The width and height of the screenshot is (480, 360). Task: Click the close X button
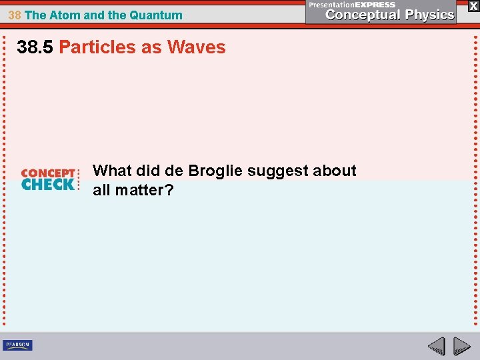473,5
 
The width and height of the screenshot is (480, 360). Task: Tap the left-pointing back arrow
436,346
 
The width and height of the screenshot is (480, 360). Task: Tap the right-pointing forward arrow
462,346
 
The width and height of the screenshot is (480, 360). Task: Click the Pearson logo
17,345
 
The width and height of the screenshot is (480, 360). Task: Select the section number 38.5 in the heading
36,47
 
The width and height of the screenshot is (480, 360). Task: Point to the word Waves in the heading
197,47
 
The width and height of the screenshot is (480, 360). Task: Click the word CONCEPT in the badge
48,173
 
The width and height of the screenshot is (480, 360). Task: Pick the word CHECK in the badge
48,185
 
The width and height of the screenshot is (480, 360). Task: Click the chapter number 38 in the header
15,15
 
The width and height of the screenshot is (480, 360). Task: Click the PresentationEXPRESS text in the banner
351,5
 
